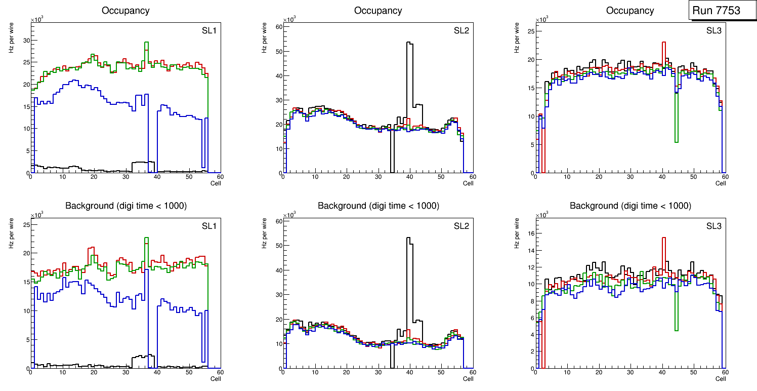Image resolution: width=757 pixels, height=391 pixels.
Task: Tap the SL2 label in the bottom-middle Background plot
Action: coord(461,226)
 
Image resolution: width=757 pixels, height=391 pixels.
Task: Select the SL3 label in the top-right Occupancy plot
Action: coord(713,31)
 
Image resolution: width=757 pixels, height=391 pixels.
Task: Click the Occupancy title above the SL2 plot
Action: coord(378,11)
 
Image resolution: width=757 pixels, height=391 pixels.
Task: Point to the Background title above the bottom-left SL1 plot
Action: coord(125,206)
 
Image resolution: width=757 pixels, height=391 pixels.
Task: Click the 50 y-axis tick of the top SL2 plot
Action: coord(277,51)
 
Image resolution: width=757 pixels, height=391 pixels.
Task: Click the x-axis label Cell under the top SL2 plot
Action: coord(468,183)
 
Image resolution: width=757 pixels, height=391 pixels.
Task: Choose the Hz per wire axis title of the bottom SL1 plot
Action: coord(11,233)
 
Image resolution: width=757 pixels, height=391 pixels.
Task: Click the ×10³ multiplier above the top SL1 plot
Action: coord(37,20)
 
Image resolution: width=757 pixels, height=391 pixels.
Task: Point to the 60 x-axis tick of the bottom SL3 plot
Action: coord(724,373)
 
